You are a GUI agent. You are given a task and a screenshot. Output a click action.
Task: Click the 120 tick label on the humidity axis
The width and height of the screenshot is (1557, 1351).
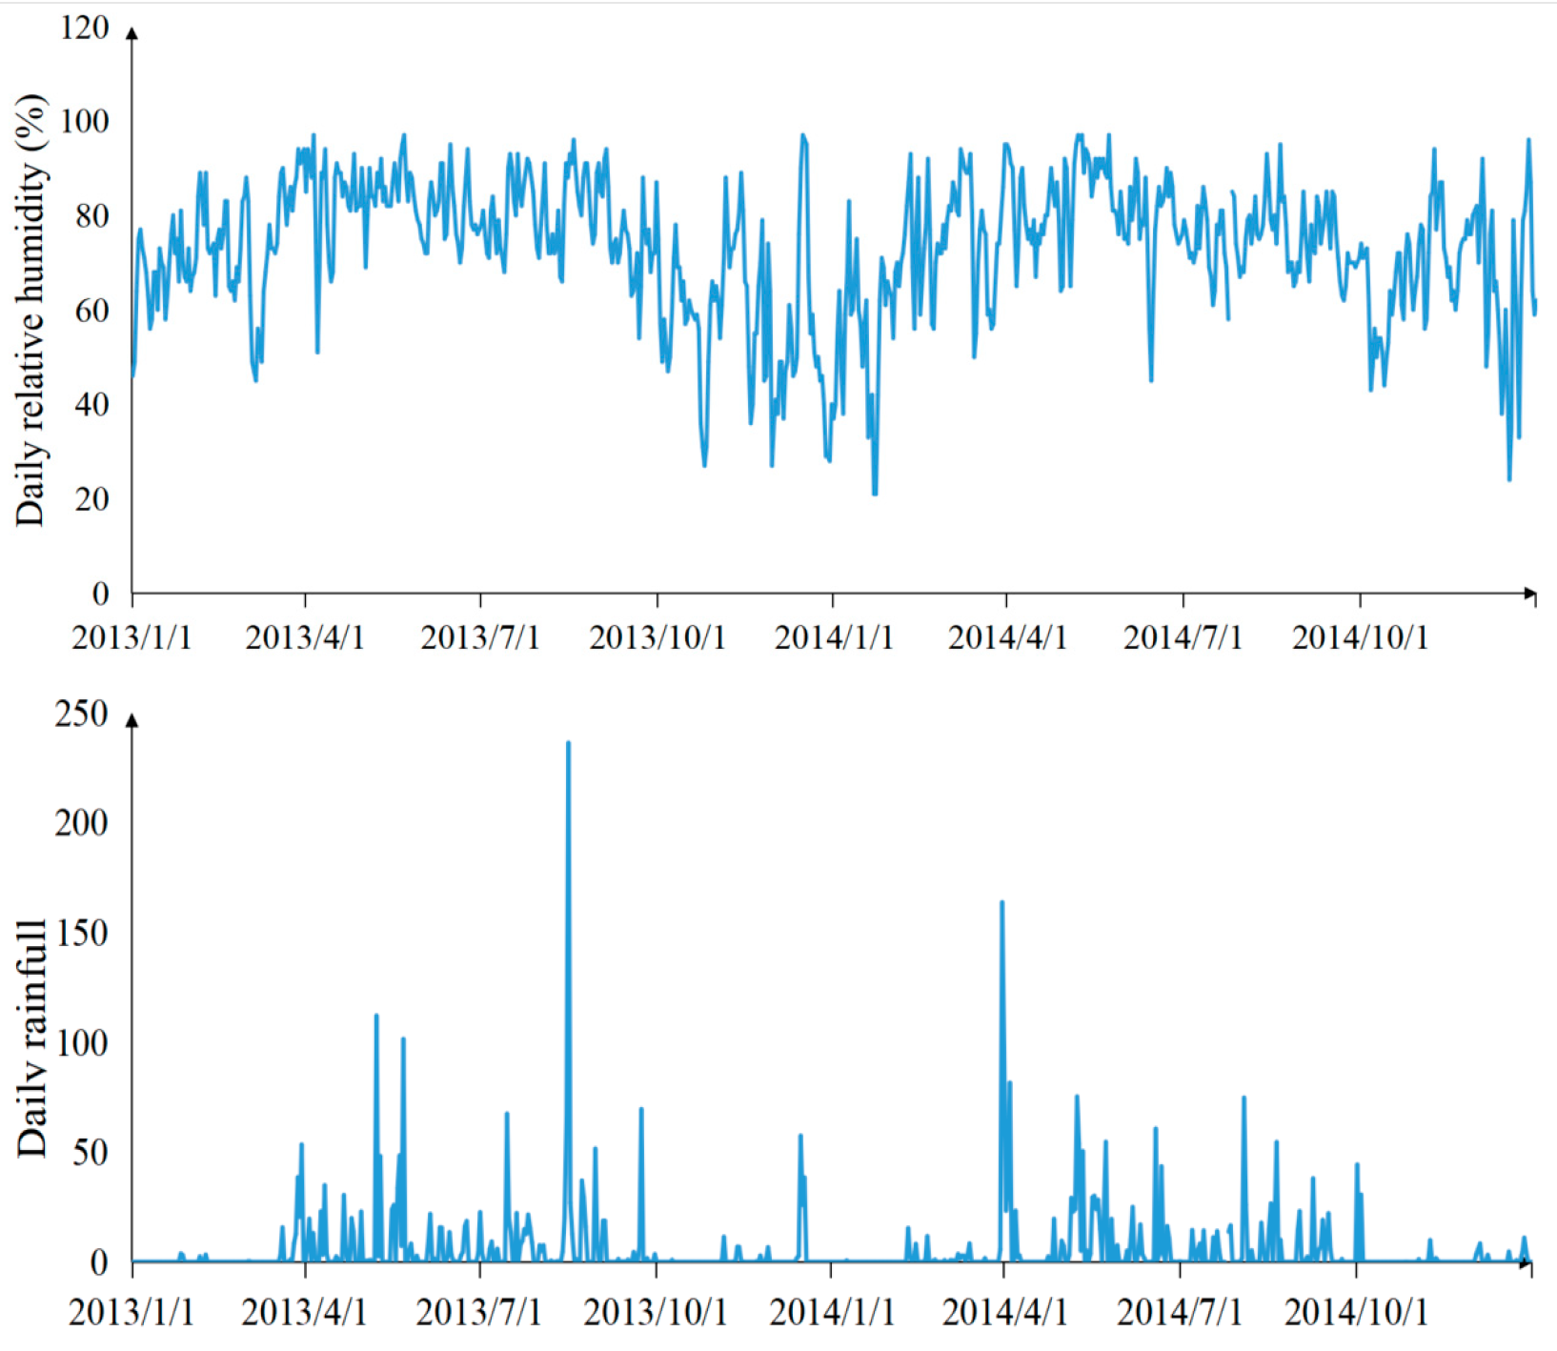(85, 28)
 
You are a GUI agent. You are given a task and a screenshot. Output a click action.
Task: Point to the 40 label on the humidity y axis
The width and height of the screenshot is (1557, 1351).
(91, 405)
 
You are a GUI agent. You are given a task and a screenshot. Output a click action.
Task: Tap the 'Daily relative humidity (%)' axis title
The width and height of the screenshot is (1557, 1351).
(30, 311)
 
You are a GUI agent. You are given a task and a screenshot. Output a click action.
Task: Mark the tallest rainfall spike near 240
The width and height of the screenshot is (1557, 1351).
(568, 744)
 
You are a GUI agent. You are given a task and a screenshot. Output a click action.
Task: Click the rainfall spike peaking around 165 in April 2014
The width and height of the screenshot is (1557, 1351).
(1001, 903)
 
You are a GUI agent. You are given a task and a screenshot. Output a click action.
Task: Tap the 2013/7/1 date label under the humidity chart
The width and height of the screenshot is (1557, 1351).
(480, 637)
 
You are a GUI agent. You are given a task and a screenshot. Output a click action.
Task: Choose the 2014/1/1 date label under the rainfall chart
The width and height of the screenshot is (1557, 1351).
(832, 1312)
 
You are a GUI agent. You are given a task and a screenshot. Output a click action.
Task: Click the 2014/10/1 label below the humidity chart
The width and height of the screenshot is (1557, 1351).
(1360, 637)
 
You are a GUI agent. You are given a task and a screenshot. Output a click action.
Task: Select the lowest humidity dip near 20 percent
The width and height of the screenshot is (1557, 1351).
(874, 492)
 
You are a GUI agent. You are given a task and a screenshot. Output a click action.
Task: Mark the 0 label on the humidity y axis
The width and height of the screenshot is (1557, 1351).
(100, 594)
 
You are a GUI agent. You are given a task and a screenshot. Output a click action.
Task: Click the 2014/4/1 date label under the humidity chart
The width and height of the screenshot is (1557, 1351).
(1007, 637)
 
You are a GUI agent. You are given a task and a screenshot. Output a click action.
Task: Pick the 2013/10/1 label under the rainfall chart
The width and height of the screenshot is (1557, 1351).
(655, 1312)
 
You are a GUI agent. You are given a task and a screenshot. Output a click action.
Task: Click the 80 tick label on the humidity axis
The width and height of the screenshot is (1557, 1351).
(91, 216)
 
